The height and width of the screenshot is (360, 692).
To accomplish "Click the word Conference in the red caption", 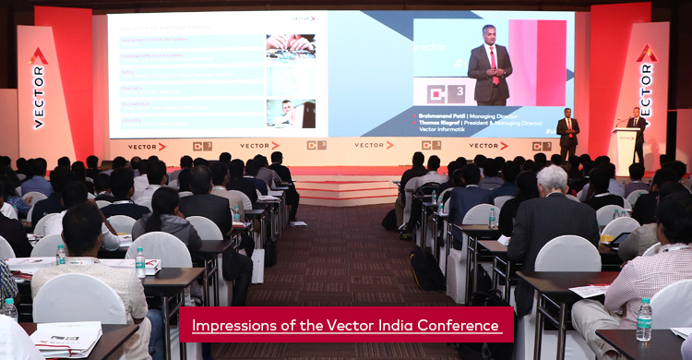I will click(x=454, y=325).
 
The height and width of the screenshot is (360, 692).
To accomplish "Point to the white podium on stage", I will click(x=628, y=150).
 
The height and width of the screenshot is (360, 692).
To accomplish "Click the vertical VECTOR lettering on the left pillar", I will click(x=38, y=96).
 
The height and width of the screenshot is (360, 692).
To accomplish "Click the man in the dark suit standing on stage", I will click(x=568, y=133).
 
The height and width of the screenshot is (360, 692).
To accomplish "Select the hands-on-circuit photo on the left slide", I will click(x=291, y=46).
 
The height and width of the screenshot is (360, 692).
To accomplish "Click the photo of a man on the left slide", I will click(x=291, y=113).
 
